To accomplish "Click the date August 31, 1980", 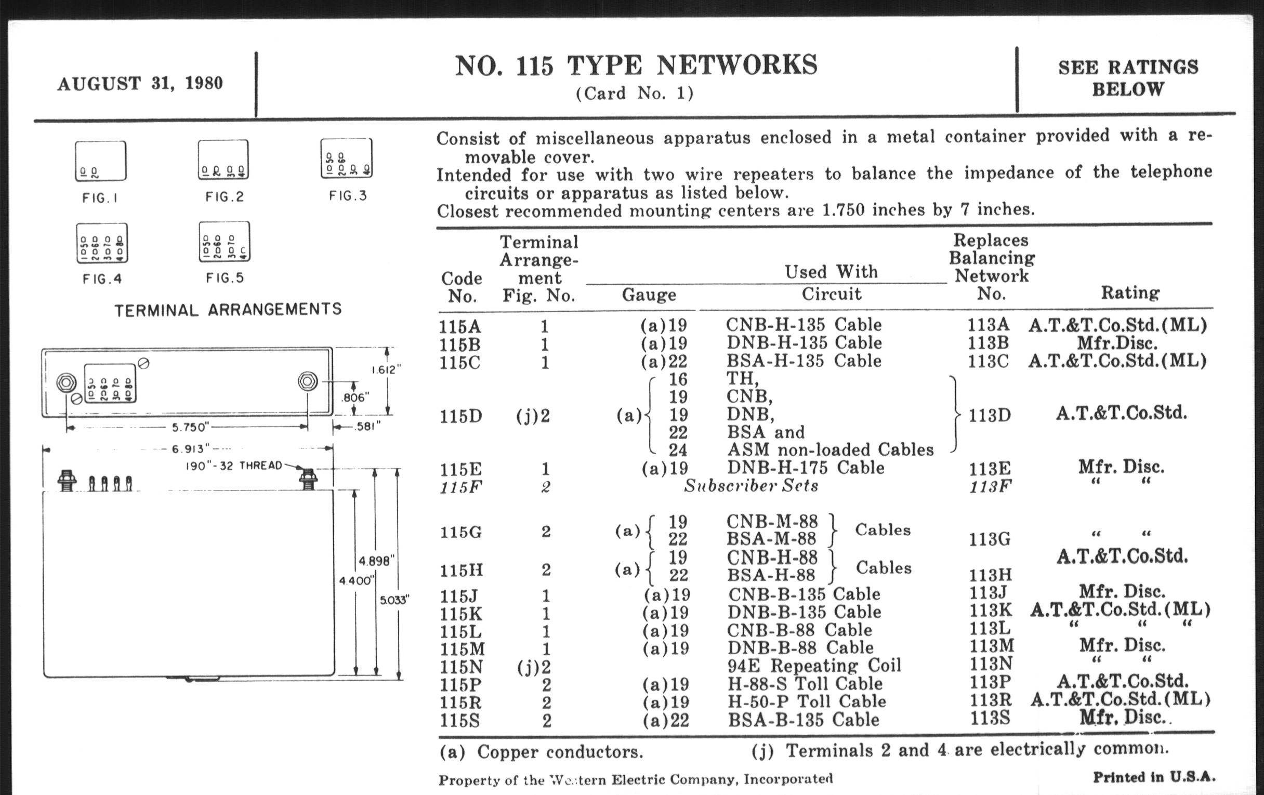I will (x=140, y=84).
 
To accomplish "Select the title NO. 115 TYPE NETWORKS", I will (x=636, y=66).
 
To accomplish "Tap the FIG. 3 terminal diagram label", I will (x=348, y=196).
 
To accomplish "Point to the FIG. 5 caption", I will (x=225, y=277).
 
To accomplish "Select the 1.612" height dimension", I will (x=386, y=370).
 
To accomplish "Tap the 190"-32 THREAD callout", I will (x=234, y=466).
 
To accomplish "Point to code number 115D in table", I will (x=461, y=416).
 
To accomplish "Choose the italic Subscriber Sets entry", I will (x=750, y=486).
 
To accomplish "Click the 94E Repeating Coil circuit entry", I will (x=813, y=666).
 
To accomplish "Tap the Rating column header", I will (x=1129, y=293).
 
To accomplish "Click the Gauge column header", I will (x=649, y=295).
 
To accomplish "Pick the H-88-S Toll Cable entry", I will (x=805, y=683).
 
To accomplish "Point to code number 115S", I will (x=460, y=721).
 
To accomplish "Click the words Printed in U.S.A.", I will (x=1154, y=777).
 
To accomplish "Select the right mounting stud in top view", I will (x=308, y=381).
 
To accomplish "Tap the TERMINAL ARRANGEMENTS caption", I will (x=228, y=310).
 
